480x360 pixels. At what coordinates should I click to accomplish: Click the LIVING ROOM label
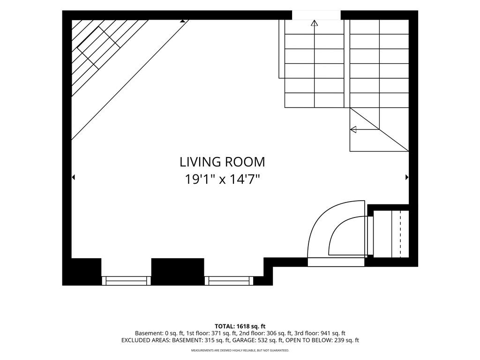(x=222, y=162)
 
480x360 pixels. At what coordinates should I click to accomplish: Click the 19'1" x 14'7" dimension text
(x=222, y=179)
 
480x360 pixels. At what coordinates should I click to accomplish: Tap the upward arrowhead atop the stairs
(x=315, y=23)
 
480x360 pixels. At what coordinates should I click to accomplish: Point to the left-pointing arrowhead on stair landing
(x=353, y=129)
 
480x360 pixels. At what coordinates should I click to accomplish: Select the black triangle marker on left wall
(x=73, y=177)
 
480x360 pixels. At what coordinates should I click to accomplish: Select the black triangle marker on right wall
(x=407, y=177)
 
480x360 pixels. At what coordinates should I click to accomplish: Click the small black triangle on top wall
(x=182, y=21)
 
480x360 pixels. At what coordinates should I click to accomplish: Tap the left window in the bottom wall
(x=126, y=281)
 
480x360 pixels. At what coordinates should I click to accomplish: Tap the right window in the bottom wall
(x=229, y=281)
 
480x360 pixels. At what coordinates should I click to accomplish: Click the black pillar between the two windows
(x=178, y=271)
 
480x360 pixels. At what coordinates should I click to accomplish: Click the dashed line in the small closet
(x=400, y=234)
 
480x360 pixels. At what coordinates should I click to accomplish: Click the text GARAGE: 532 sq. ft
(x=259, y=340)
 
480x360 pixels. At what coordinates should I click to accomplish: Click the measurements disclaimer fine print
(x=240, y=350)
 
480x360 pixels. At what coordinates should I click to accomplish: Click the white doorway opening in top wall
(x=316, y=15)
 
